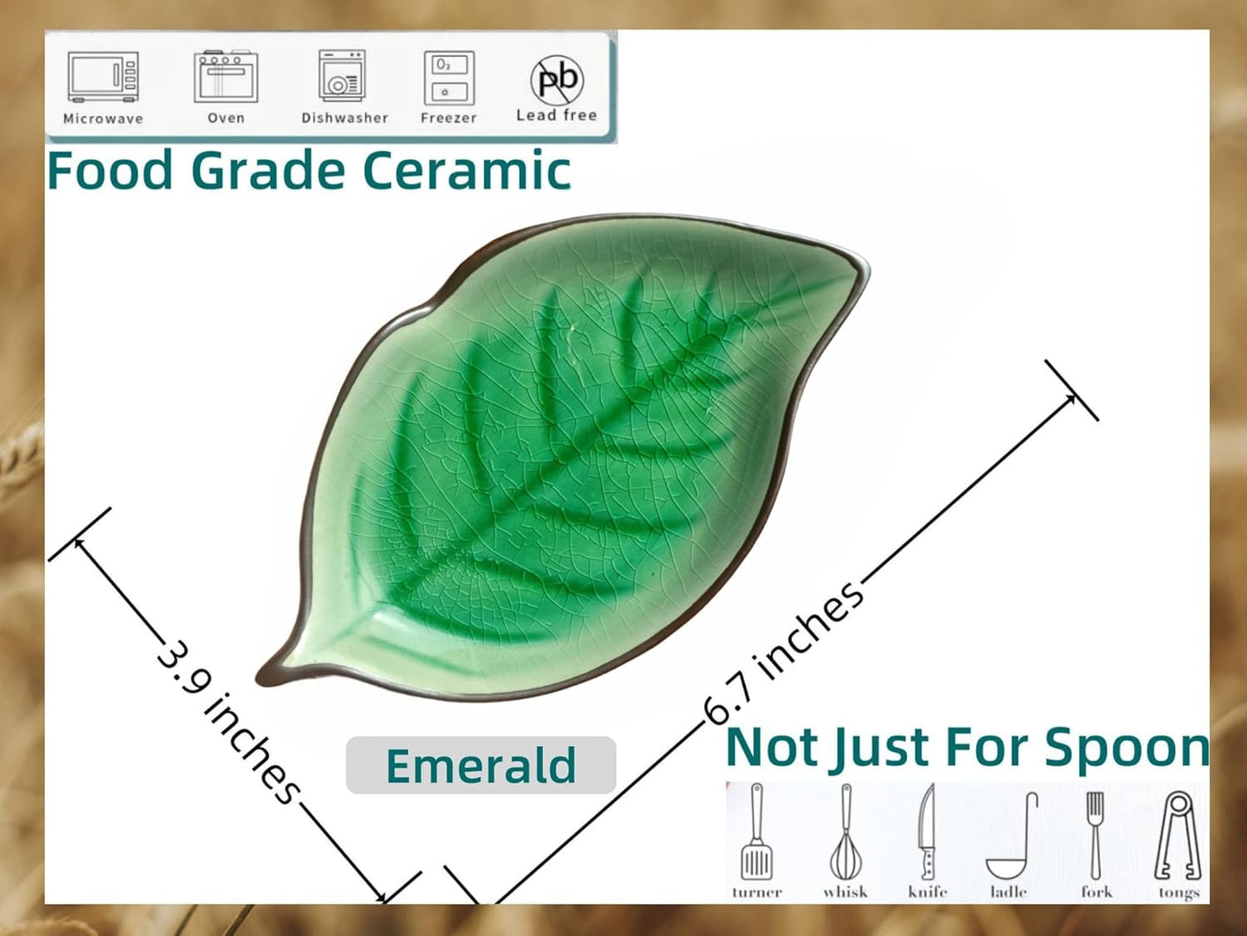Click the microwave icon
click(x=103, y=78)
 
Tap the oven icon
click(x=225, y=78)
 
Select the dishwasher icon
click(x=343, y=76)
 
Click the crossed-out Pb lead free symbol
click(x=557, y=79)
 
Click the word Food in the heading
click(x=110, y=170)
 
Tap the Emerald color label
click(x=481, y=765)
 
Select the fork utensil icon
click(x=1095, y=833)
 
